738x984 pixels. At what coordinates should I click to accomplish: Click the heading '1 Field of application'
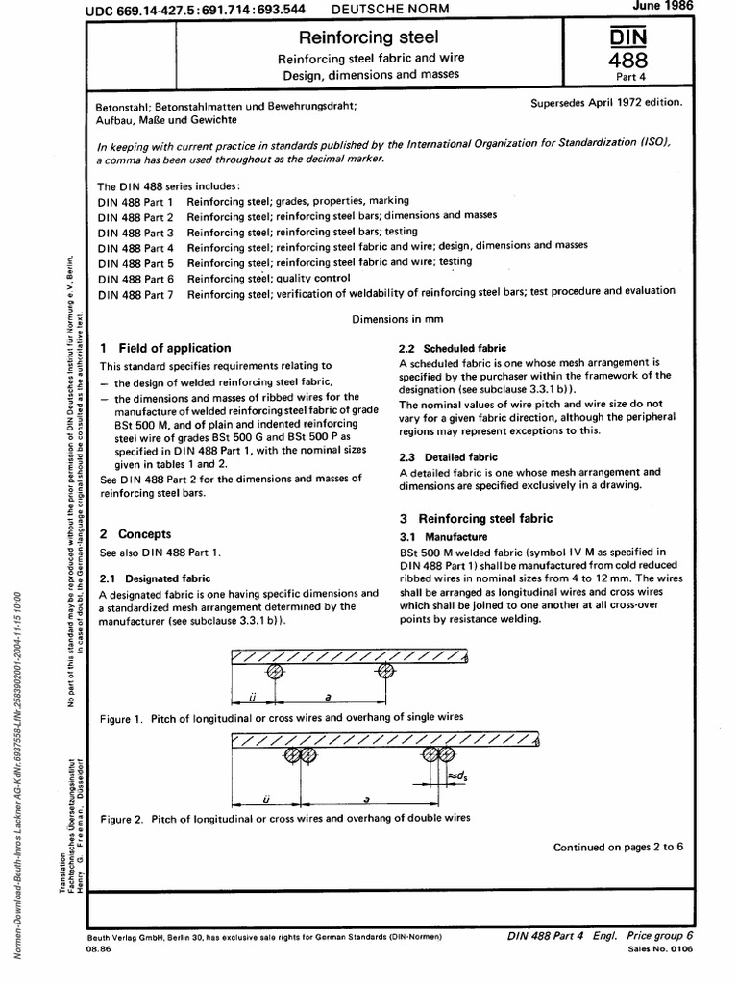coord(165,348)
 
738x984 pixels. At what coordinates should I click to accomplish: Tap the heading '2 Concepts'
coord(136,533)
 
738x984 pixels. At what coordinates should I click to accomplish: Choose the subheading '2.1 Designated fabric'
coord(156,579)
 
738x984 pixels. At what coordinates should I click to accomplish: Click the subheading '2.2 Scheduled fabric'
coord(452,348)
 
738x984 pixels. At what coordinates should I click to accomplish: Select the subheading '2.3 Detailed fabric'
coord(448,457)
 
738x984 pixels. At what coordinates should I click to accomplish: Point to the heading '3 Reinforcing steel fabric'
coord(475,519)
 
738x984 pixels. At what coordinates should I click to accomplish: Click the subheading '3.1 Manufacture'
coord(443,536)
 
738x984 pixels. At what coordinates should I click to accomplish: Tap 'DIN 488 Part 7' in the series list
coord(135,291)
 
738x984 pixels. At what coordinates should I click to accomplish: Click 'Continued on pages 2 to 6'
coord(618,847)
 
